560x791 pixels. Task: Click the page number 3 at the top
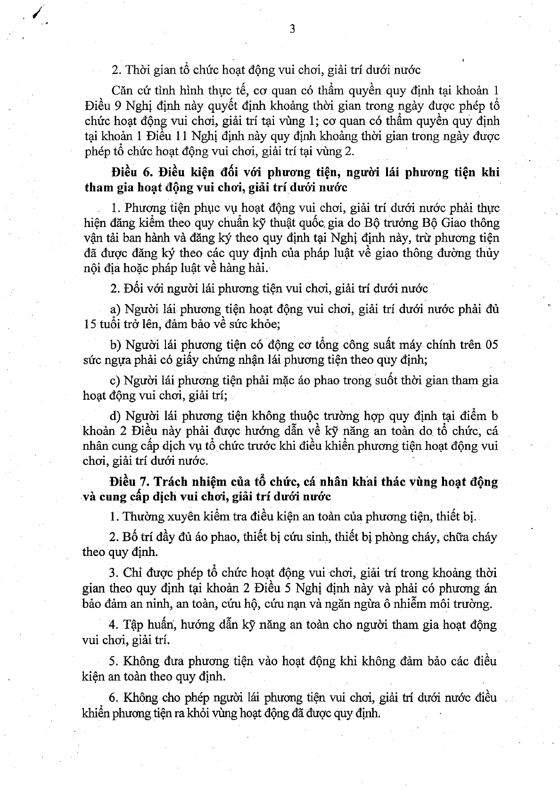(292, 29)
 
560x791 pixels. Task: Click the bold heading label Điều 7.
(125, 482)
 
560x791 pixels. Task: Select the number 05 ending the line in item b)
(491, 345)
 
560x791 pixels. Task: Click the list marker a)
(115, 310)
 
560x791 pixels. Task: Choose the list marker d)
(115, 416)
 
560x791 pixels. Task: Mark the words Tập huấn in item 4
(142, 625)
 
